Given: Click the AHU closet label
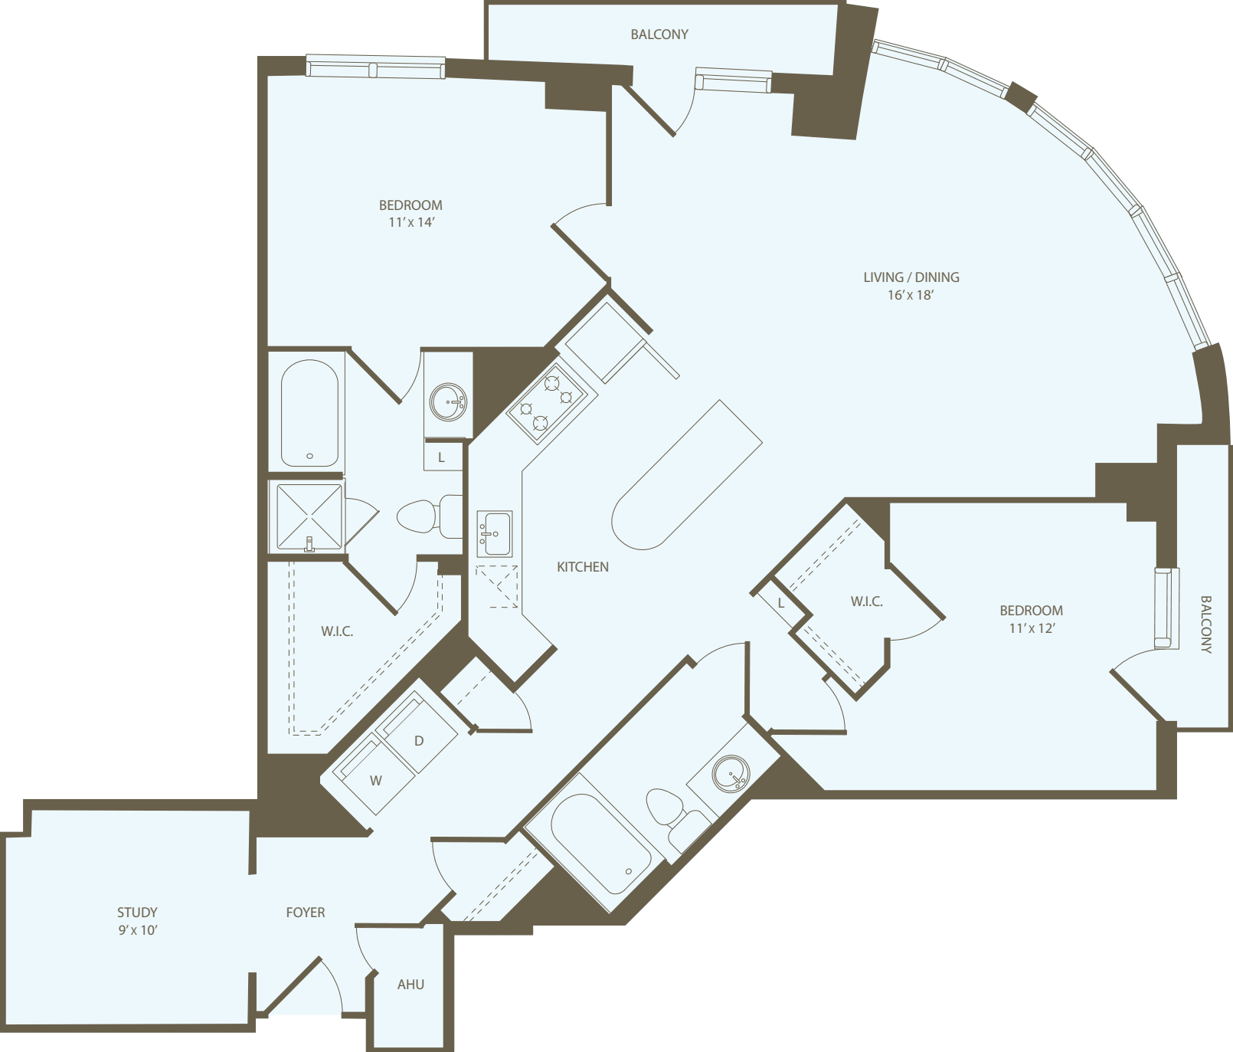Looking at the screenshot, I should click(x=410, y=985).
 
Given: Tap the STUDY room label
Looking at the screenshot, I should click(x=137, y=912).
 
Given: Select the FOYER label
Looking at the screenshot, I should click(x=306, y=912).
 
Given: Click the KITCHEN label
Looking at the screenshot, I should click(x=583, y=567).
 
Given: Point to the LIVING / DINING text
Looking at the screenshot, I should click(x=911, y=277).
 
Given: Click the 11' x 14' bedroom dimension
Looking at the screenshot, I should click(x=411, y=222).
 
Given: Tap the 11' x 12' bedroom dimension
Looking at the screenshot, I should click(x=1032, y=628).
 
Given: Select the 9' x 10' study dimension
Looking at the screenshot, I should click(x=138, y=930).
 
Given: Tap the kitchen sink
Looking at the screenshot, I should click(x=494, y=533).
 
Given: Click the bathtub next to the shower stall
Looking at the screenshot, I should click(x=309, y=414).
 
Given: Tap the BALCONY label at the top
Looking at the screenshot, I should click(x=659, y=34).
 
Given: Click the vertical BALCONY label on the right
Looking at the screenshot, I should click(x=1205, y=624).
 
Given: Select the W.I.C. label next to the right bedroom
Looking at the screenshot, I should click(x=867, y=602).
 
